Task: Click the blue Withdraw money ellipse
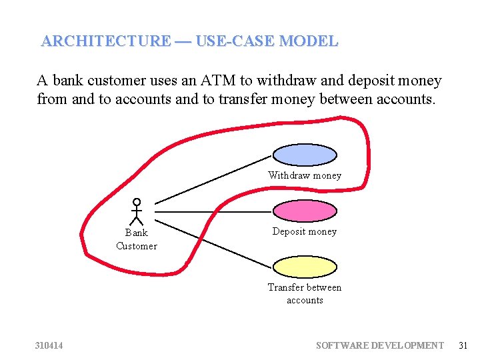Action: [x=305, y=155]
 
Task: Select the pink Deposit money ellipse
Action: [x=305, y=211]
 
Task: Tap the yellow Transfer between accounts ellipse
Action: [x=305, y=267]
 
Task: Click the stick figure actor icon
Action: [x=137, y=210]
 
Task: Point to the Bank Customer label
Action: [x=137, y=239]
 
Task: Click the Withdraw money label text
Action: [x=305, y=175]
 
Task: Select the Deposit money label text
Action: [x=305, y=231]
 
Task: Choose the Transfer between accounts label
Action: [x=305, y=293]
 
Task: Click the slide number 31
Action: [x=463, y=345]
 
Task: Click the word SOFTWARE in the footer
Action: [x=343, y=345]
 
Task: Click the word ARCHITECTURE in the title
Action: [x=105, y=41]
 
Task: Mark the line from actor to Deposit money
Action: [x=213, y=211]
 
